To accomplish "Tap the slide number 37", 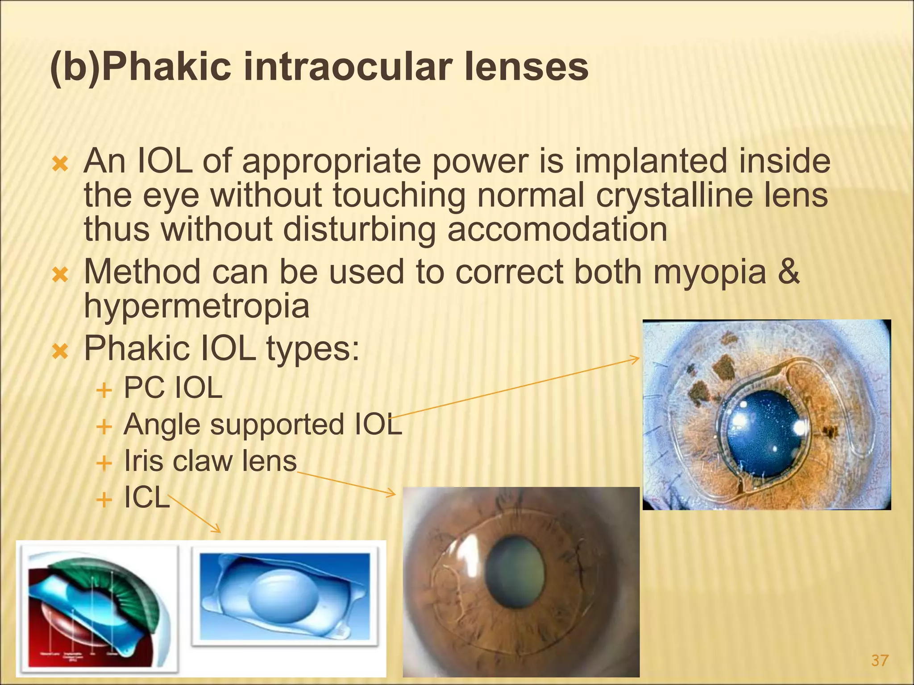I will coord(880,660).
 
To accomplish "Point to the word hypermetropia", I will coord(196,307).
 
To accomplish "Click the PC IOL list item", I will coord(173,388).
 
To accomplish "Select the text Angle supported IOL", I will coord(262,425).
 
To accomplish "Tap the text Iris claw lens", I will coord(210,461).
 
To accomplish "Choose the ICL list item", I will coord(146,497).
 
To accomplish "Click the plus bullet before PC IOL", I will coord(104,390).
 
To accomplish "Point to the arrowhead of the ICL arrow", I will coord(218,530).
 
